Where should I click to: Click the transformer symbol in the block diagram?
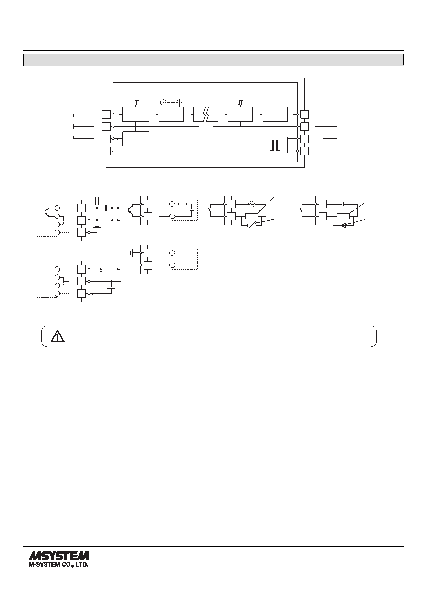[x=275, y=145]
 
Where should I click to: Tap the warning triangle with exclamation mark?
[x=57, y=336]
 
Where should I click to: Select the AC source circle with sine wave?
[x=251, y=204]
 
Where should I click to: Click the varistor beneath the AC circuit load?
[x=252, y=225]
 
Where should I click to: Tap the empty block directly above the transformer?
[x=275, y=114]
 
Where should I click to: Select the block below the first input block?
[x=135, y=139]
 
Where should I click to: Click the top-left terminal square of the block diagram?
[x=106, y=114]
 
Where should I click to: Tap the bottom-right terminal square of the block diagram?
[x=304, y=151]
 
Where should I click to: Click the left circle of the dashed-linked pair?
[x=163, y=102]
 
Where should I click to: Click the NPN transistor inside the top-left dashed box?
[x=46, y=212]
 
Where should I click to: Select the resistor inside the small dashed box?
[x=182, y=204]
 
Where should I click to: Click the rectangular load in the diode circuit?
[x=343, y=216]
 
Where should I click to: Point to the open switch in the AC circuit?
[x=211, y=210]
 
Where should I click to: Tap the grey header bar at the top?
[x=213, y=59]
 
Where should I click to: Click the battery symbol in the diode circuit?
[x=343, y=204]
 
